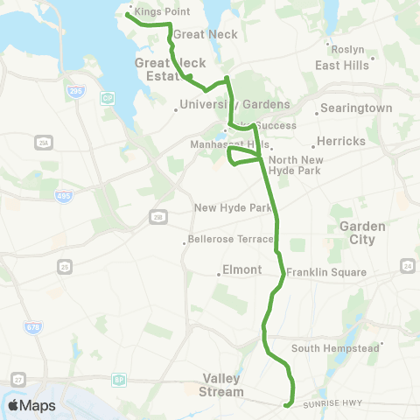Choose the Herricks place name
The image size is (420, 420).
pyautogui.click(x=340, y=141)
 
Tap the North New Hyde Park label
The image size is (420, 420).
pyautogui.click(x=296, y=164)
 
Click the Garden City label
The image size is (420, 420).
pyautogui.click(x=357, y=233)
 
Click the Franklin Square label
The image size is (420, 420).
pyautogui.click(x=325, y=272)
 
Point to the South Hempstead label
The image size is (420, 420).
pyautogui.click(x=334, y=348)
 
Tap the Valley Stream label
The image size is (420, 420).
pyautogui.click(x=223, y=385)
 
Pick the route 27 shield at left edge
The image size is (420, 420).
pyautogui.click(x=17, y=379)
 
